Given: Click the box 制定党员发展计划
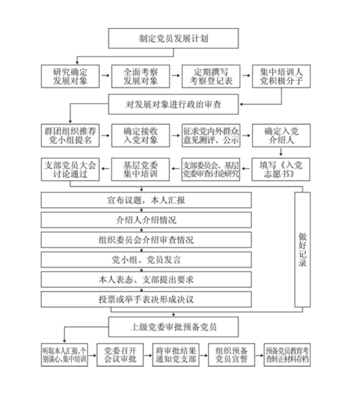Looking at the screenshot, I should pos(173,38).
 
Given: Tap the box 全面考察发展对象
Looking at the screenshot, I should pos(141,76).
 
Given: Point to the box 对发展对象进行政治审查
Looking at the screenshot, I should pos(173,104).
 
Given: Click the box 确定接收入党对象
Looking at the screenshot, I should pos(141,136).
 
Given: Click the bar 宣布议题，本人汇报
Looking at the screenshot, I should pos(146,199).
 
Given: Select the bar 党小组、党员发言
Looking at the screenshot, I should pos(146,259).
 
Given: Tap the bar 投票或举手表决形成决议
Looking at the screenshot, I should pos(146,299).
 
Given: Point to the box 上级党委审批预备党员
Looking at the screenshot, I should pos(173,327).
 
